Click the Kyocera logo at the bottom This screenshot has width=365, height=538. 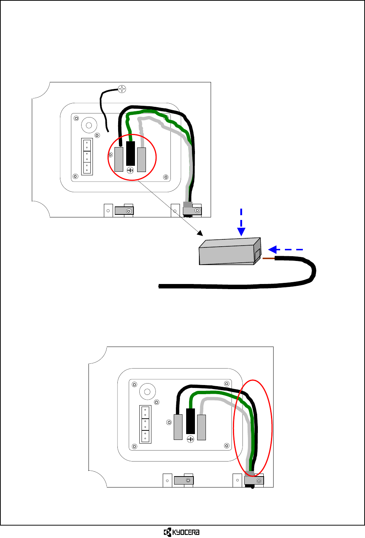point(182,532)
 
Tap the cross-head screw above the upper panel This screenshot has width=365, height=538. point(122,89)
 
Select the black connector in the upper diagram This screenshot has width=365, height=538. point(131,153)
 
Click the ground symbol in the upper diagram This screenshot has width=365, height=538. point(130,170)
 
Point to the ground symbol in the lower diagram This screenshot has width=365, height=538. point(190,439)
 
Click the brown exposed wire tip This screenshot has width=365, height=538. point(268,258)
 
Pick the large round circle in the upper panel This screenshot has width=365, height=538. point(89,126)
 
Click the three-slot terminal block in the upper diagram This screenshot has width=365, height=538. point(87,157)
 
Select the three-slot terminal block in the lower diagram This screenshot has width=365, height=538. point(145,424)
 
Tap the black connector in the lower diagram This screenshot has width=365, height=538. point(191,421)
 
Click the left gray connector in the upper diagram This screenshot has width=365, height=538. point(119,159)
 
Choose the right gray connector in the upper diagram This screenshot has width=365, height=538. point(142,159)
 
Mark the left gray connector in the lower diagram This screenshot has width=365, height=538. point(178,427)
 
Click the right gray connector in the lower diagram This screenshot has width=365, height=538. point(202,427)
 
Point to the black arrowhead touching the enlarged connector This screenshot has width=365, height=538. point(200,233)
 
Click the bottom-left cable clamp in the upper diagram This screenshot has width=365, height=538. point(124,211)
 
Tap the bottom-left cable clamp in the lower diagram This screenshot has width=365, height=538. point(184,480)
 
